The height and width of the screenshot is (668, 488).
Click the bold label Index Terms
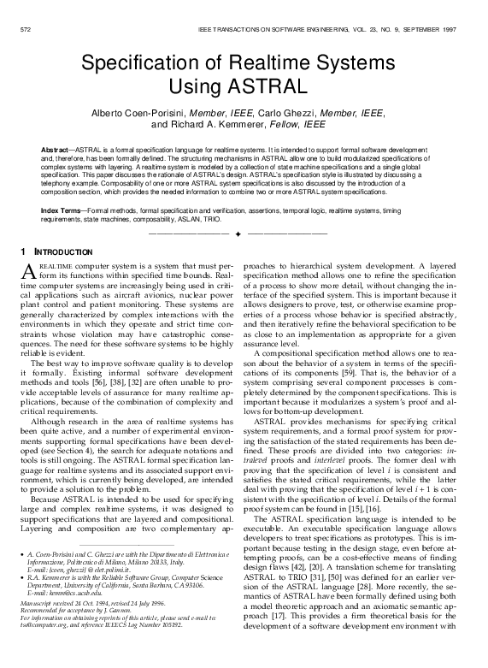(62, 210)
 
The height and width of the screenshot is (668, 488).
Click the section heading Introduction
(65, 252)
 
